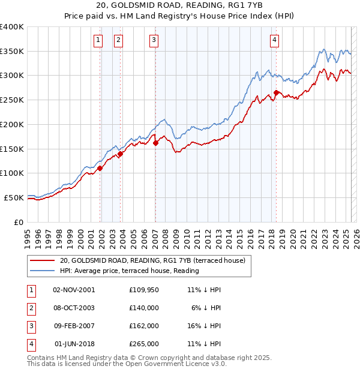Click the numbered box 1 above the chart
[98, 40]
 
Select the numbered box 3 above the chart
[154, 40]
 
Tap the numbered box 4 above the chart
[274, 40]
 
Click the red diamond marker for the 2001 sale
[100, 169]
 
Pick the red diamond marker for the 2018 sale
[276, 92]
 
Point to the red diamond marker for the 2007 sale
[155, 143]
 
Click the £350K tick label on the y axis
[12, 52]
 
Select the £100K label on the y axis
[12, 173]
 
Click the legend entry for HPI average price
[130, 271]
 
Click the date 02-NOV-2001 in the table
[74, 289]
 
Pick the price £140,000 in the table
[144, 307]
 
